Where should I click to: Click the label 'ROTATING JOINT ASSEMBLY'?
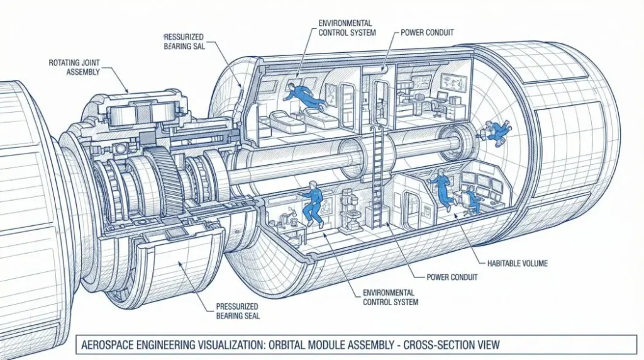[x=74, y=67]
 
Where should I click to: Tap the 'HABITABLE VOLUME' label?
[x=517, y=263]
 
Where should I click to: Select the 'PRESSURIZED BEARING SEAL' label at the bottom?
[x=238, y=311]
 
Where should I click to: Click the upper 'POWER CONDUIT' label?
[x=427, y=32]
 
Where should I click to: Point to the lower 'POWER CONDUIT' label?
[x=452, y=277]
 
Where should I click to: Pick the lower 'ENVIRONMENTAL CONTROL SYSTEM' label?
[x=389, y=297]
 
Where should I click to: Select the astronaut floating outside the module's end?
[x=497, y=130]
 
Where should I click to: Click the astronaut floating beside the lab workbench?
[x=311, y=201]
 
